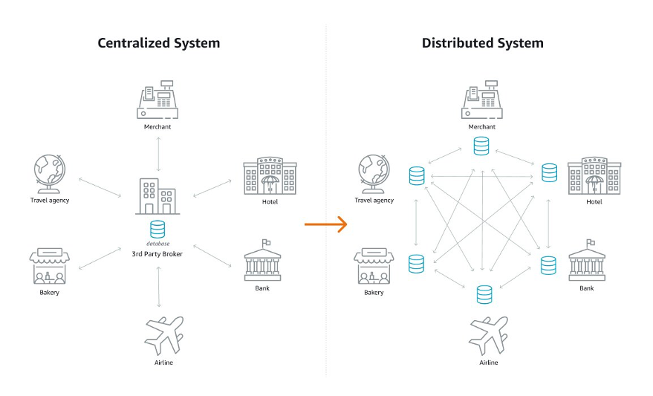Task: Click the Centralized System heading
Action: click(x=159, y=43)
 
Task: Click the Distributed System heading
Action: click(x=482, y=43)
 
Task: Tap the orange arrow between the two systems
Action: click(x=326, y=224)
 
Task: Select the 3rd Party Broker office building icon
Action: click(x=157, y=197)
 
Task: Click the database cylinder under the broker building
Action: click(x=157, y=229)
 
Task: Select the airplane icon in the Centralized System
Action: click(x=163, y=335)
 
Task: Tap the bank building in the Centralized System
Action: click(x=262, y=260)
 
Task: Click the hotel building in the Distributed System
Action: click(x=594, y=176)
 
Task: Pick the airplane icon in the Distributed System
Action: click(x=488, y=335)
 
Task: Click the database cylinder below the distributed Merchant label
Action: click(x=481, y=146)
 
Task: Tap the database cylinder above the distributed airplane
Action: click(x=484, y=294)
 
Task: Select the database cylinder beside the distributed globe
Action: click(x=417, y=175)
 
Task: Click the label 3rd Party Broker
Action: click(x=157, y=253)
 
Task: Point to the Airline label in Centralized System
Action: click(x=163, y=363)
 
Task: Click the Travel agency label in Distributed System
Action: click(x=374, y=201)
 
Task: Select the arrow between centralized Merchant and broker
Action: click(x=157, y=154)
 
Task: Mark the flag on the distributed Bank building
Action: click(x=591, y=242)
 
